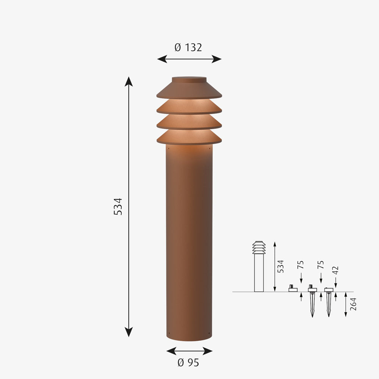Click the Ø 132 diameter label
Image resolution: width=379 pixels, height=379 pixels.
coord(188,48)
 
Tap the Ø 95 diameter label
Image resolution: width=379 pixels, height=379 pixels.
coord(188,363)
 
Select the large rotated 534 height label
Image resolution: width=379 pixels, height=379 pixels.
coord(118,207)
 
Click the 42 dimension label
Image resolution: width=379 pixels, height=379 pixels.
coord(335,271)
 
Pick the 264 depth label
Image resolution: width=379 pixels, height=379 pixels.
coord(353,304)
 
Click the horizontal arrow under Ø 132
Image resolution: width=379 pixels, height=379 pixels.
coord(189,59)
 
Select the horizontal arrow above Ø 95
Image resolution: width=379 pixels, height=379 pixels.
coord(189,351)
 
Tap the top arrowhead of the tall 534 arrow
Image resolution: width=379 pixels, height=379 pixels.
coord(129,81)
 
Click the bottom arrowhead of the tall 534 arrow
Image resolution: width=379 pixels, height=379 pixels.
coord(129,332)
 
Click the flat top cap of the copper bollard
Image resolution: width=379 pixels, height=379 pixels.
coord(189,80)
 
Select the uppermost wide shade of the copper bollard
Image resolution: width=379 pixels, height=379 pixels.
coord(189,91)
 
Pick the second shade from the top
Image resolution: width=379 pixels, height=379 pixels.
coord(189,107)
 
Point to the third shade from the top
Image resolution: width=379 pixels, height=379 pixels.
coord(189,122)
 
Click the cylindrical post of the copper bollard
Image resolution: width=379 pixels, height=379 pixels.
coord(189,243)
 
